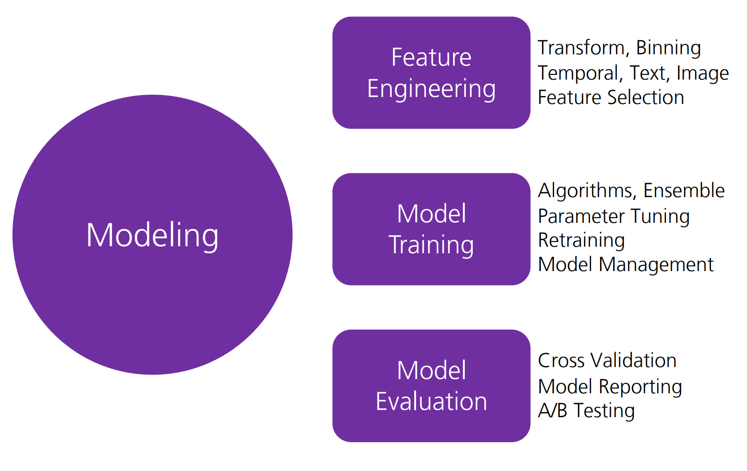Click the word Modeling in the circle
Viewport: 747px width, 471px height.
click(152, 235)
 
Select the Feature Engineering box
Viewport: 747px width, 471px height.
click(431, 73)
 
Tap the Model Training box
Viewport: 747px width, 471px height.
click(431, 229)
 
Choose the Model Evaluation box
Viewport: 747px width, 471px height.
click(431, 386)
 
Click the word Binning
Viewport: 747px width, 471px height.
click(668, 48)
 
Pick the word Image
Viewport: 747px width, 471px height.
click(703, 74)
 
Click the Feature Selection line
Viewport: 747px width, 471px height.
click(611, 97)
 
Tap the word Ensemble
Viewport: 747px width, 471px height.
click(684, 191)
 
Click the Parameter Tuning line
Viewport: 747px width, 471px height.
click(614, 217)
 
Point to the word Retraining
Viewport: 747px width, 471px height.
click(581, 241)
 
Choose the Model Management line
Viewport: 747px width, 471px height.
click(626, 265)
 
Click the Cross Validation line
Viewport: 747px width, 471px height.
click(607, 361)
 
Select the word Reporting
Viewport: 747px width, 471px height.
click(640, 387)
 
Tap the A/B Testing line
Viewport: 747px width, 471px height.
click(586, 411)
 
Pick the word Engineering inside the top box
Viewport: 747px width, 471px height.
click(431, 89)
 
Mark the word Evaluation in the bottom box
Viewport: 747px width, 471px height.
click(431, 401)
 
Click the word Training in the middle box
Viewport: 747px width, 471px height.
click(431, 245)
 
